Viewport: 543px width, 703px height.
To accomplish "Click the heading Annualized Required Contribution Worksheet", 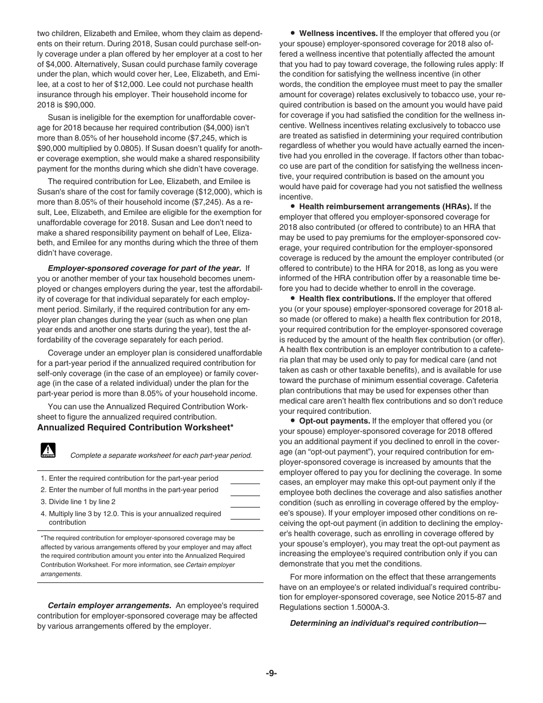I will click(135, 428).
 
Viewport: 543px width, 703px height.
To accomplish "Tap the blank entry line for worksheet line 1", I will click(245, 479).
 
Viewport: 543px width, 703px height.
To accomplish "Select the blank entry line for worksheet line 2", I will click(245, 490).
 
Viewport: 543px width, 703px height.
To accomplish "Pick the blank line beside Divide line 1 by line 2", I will click(245, 502).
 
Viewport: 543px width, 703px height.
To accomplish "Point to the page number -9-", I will click(271, 673).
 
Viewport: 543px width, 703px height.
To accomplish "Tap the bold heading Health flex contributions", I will click(347, 299).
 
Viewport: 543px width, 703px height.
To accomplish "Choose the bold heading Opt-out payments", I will click(334, 421).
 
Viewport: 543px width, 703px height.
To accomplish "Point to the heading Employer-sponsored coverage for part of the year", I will click(145, 267).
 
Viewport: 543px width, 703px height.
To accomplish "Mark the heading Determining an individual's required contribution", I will click(388, 624).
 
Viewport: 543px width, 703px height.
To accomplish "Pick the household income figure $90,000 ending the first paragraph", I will click(79, 105).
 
